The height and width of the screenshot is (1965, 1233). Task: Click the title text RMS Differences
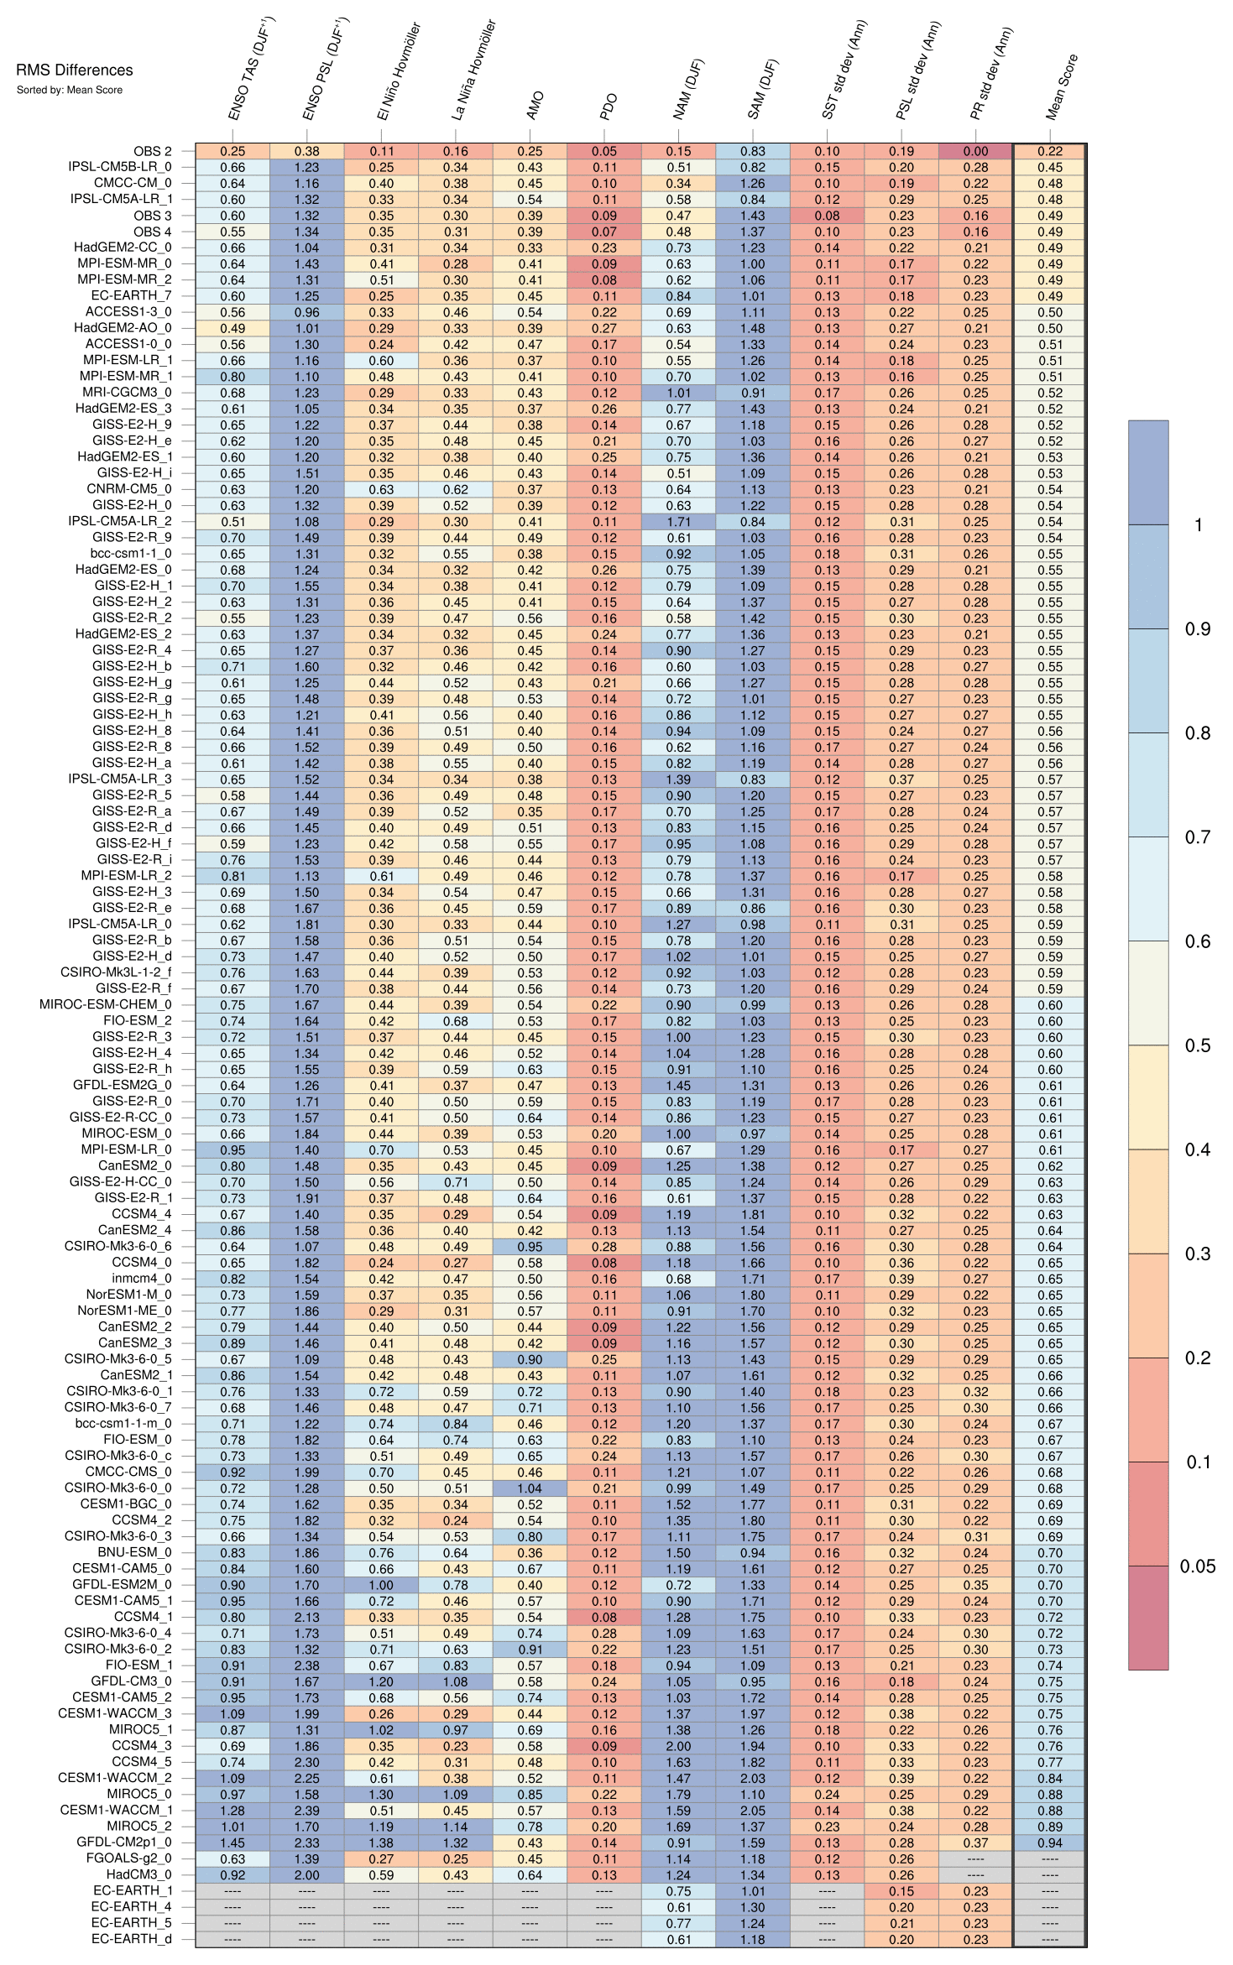[74, 70]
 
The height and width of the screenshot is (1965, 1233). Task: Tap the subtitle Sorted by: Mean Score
[69, 90]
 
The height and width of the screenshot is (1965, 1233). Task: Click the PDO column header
[609, 107]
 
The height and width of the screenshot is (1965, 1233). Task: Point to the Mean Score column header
[1062, 88]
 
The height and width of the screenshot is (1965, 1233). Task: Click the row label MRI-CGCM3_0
[127, 393]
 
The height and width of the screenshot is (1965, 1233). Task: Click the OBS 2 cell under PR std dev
[975, 152]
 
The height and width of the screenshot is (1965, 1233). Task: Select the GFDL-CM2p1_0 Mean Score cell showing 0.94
[1049, 1843]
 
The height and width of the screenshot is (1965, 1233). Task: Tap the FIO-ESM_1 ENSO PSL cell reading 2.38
[307, 1666]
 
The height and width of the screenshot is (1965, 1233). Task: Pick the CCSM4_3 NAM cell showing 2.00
[678, 1746]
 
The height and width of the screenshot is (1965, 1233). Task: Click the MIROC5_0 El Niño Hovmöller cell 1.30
[381, 1795]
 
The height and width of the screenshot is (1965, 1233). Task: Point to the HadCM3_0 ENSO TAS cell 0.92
[232, 1875]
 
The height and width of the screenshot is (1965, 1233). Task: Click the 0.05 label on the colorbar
[1197, 1566]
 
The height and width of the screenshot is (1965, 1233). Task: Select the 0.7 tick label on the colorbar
[1197, 837]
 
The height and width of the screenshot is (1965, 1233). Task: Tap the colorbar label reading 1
[1199, 525]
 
